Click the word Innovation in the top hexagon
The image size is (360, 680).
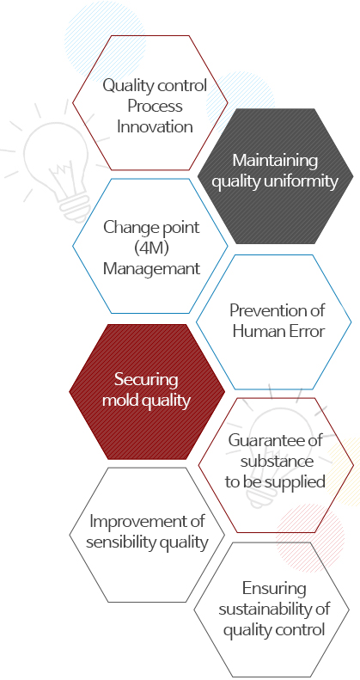click(x=155, y=127)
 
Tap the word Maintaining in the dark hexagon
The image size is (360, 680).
click(x=275, y=160)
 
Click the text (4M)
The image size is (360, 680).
click(x=151, y=248)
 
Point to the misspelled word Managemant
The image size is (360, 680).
click(x=151, y=268)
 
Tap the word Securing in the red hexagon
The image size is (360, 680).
click(x=146, y=380)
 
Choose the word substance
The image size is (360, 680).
click(x=277, y=461)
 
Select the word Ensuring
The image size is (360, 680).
click(x=274, y=589)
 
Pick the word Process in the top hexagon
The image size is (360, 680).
click(x=155, y=107)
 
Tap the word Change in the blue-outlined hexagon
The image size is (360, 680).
click(x=126, y=227)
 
